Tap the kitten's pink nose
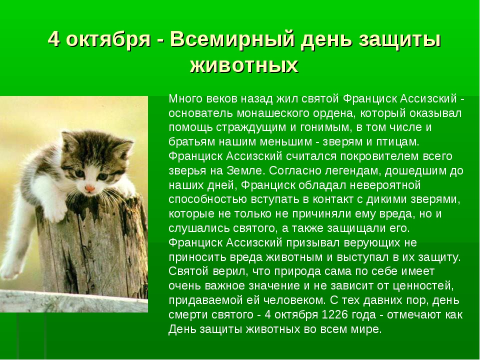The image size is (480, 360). point(89,188)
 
